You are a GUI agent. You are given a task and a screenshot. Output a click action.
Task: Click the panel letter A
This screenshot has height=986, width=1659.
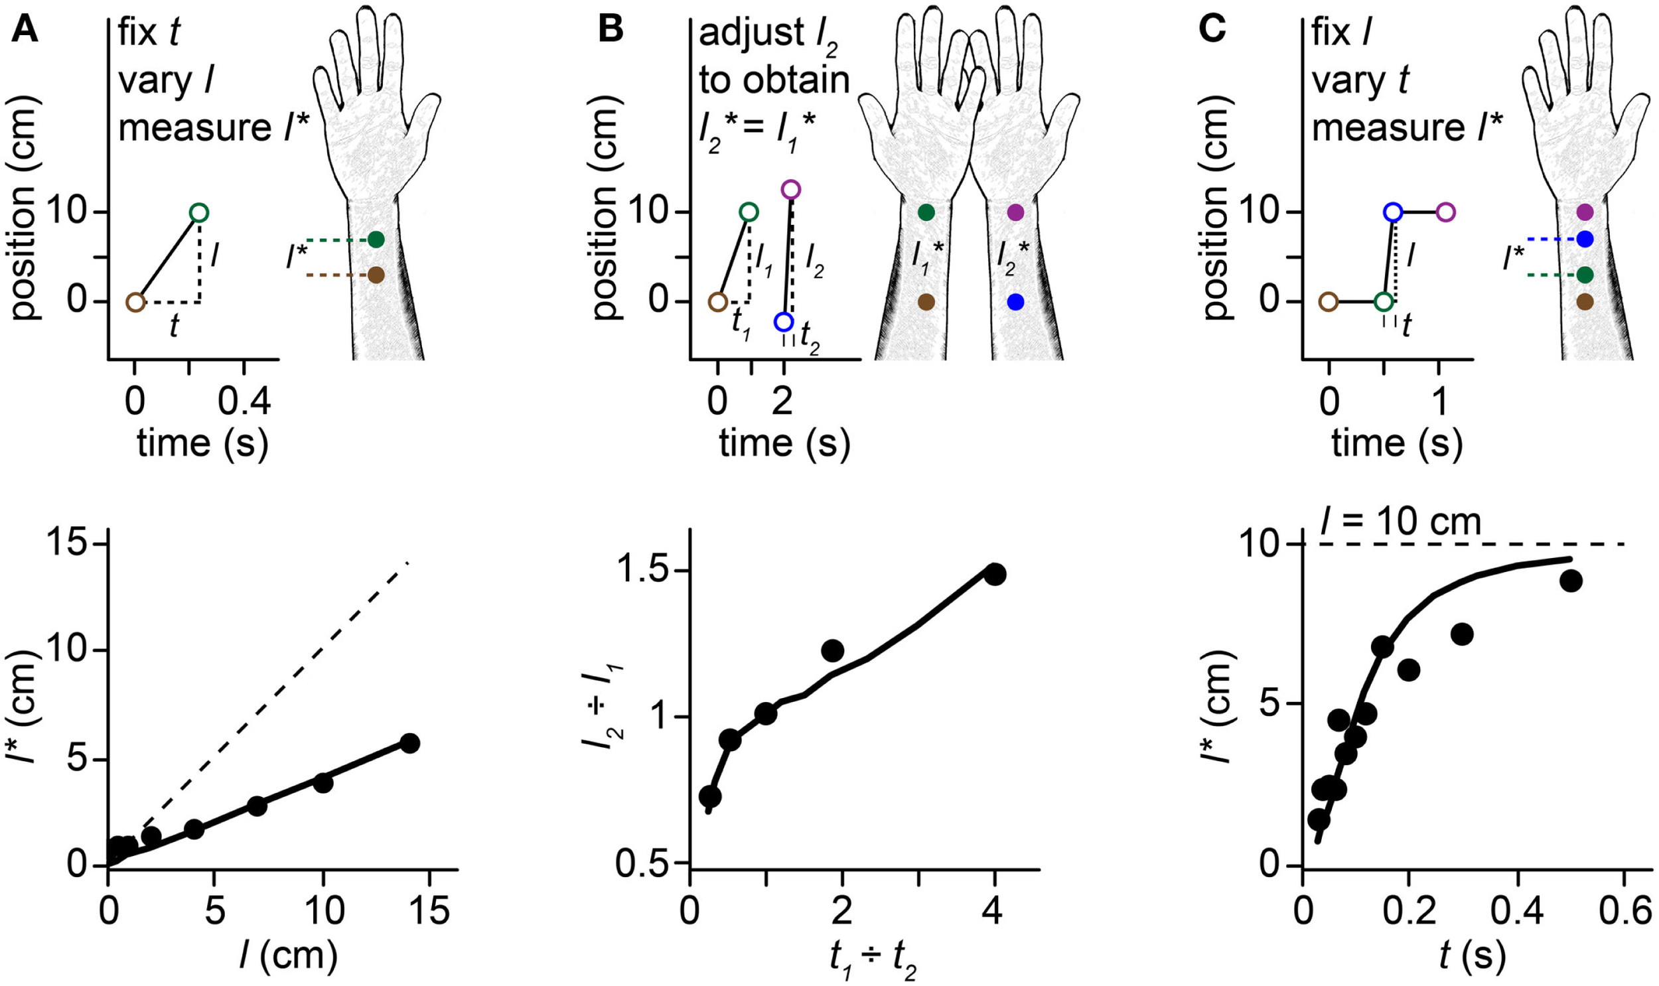(x=25, y=30)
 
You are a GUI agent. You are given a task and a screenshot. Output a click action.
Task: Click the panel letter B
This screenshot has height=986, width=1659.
(x=610, y=30)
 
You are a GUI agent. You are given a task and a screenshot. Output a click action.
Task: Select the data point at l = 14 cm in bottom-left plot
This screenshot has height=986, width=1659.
(x=409, y=744)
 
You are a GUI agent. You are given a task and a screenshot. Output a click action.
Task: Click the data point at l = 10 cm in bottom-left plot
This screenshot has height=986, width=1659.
(x=323, y=783)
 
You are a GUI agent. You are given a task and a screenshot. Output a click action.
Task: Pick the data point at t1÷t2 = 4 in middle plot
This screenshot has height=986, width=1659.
(x=994, y=573)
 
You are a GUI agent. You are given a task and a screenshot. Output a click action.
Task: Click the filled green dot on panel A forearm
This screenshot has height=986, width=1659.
(x=376, y=240)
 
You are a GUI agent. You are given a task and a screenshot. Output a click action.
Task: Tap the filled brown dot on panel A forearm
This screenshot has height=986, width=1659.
(x=376, y=275)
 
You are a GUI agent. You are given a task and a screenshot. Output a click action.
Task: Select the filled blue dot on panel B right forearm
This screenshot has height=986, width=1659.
(x=1015, y=303)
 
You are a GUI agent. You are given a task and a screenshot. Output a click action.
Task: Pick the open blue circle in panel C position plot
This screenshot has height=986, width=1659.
(x=1393, y=212)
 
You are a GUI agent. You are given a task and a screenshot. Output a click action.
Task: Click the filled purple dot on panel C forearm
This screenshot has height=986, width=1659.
(x=1585, y=212)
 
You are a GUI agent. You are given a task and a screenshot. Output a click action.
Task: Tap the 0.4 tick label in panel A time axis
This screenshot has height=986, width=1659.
(x=244, y=403)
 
